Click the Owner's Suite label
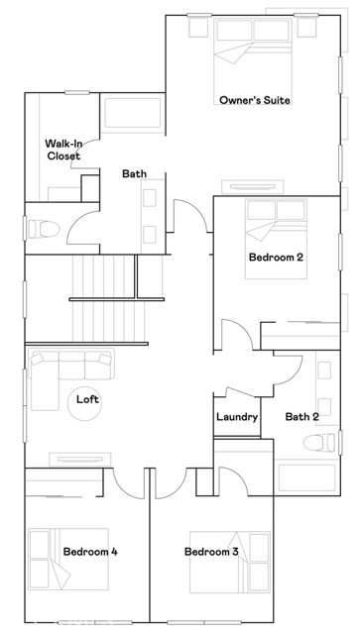click(x=254, y=100)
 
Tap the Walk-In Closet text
click(x=62, y=150)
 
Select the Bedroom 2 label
click(x=275, y=257)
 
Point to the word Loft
click(x=88, y=400)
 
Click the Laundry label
click(x=237, y=417)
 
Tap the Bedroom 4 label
click(x=90, y=551)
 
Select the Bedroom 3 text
click(x=212, y=551)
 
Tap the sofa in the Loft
click(x=60, y=376)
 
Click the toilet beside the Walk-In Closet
click(x=42, y=228)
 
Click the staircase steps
click(x=103, y=276)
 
